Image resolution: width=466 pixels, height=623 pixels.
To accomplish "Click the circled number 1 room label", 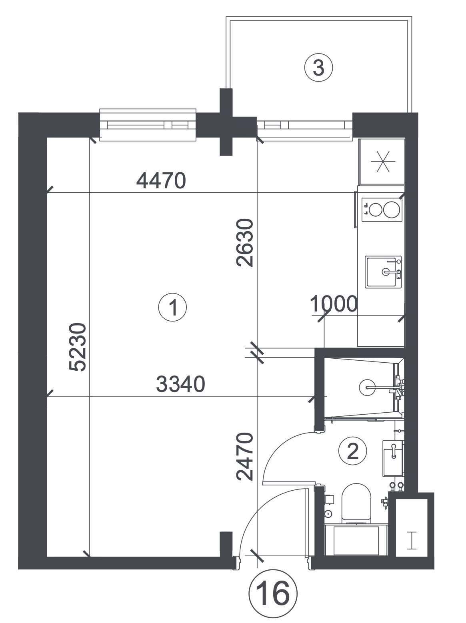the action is point(172,308).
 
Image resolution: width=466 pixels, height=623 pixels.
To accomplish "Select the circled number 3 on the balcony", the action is point(318,68).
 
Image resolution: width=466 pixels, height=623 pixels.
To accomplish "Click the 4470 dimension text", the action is point(161,181).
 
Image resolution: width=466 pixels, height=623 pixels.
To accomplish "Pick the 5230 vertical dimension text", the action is point(78,347).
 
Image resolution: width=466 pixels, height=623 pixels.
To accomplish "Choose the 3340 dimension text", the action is point(180,384).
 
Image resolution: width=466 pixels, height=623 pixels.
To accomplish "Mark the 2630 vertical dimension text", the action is point(245,242).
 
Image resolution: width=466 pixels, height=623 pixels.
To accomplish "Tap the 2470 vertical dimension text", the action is point(245,456).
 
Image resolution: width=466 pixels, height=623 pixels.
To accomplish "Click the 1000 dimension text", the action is point(334,304).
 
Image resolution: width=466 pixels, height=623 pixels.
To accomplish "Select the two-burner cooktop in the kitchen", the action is point(382,210).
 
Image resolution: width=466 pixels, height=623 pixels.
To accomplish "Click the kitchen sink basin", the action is point(383,272).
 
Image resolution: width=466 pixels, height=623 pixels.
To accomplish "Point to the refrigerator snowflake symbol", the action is point(383,162).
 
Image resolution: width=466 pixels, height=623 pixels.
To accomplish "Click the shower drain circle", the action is point(367,387).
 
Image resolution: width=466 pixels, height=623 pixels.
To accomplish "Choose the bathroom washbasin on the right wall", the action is point(393,458).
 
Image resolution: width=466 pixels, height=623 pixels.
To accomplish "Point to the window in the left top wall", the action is point(148,125).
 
